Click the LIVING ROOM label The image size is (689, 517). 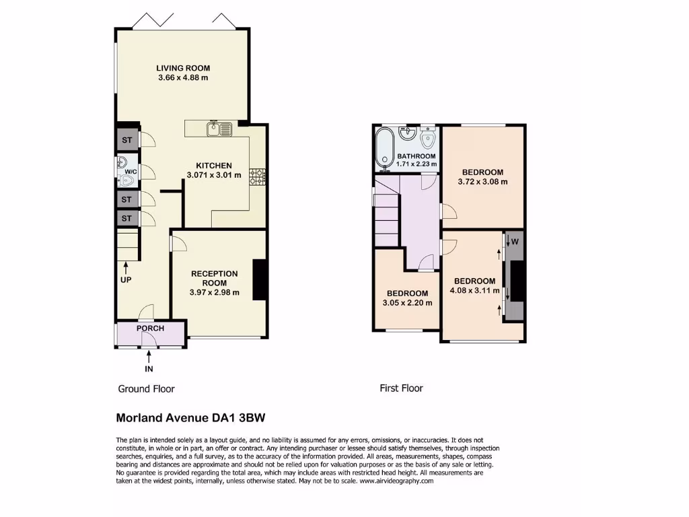click(x=183, y=68)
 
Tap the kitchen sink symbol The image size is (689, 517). click(x=220, y=127)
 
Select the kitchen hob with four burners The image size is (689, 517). click(x=258, y=176)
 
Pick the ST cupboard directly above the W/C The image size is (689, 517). click(x=126, y=141)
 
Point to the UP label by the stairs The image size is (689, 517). click(x=126, y=279)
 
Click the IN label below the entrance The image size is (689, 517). click(x=149, y=369)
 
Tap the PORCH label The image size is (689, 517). click(x=150, y=329)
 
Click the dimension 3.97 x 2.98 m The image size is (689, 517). click(x=214, y=292)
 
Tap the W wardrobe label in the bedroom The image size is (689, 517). click(x=515, y=241)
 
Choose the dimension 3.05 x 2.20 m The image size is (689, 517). click(x=407, y=303)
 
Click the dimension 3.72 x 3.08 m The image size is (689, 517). click(x=482, y=182)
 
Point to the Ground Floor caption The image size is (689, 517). click(x=146, y=389)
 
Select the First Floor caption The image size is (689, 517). click(x=401, y=388)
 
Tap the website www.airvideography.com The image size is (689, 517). click(x=398, y=481)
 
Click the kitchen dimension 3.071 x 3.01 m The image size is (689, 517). click(x=214, y=176)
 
